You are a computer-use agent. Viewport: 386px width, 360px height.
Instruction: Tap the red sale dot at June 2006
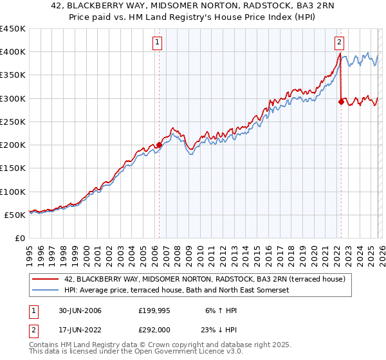(159, 145)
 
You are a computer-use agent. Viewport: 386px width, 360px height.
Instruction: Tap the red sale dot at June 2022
(341, 102)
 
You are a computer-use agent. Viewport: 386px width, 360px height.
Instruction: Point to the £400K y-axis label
(13, 52)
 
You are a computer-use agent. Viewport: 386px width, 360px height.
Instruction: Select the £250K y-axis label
(13, 122)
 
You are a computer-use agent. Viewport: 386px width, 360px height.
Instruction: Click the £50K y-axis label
(15, 215)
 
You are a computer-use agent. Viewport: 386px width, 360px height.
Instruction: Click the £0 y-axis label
(21, 238)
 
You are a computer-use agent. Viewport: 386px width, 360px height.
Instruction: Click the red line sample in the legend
(46, 279)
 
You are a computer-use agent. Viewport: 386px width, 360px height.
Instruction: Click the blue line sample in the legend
(46, 291)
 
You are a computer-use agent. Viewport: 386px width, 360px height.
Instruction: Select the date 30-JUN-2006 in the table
(78, 310)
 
